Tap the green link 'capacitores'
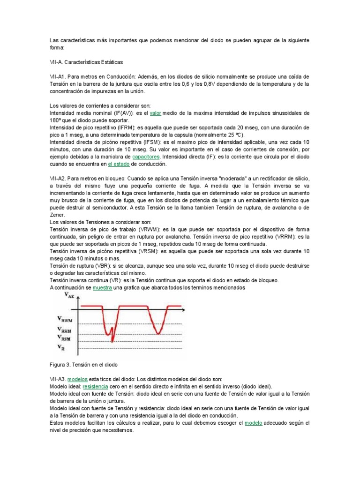146,157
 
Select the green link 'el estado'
119,164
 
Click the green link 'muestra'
103,288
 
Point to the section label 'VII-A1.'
60,76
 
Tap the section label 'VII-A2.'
60,179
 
